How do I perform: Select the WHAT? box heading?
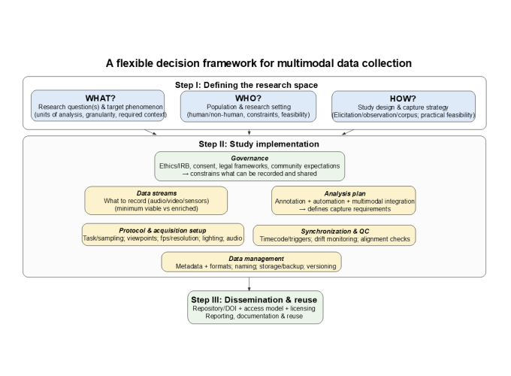[98, 98]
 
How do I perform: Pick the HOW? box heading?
[404, 98]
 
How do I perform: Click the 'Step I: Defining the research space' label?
[246, 85]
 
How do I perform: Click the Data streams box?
[156, 201]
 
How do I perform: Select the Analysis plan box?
[343, 201]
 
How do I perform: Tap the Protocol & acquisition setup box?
[162, 235]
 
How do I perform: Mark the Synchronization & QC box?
[334, 235]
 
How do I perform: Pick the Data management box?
[251, 262]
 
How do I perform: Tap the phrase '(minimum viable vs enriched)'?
[156, 209]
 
